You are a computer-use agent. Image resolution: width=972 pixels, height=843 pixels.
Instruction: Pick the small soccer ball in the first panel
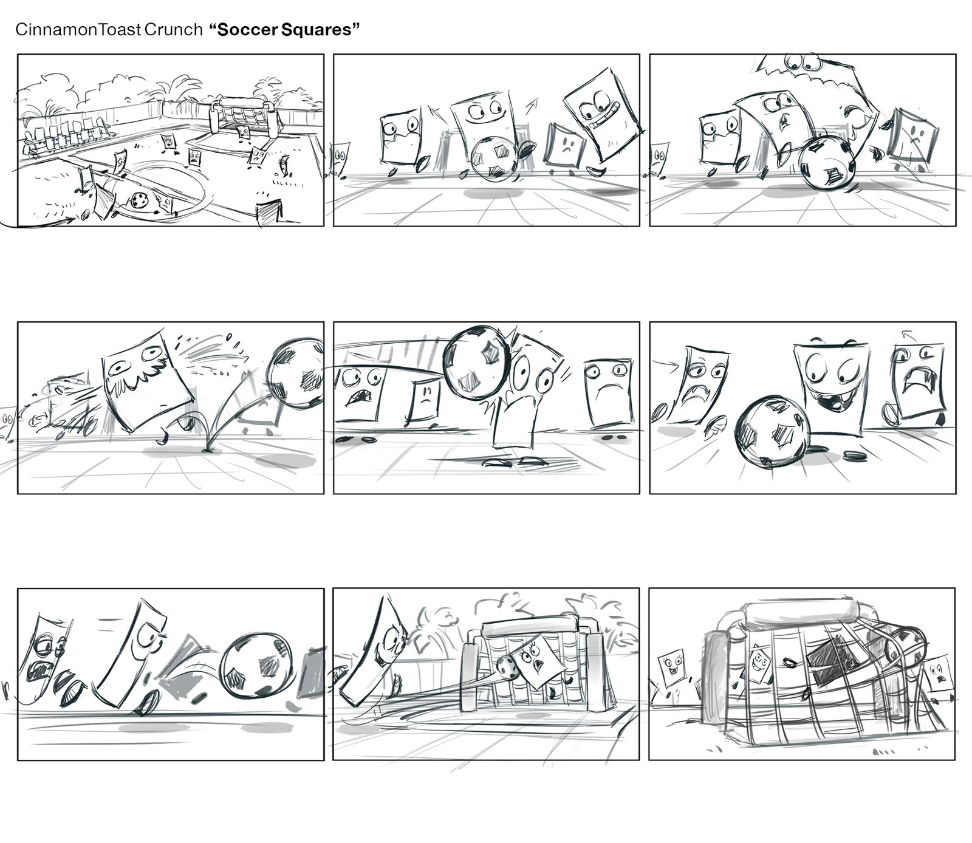[x=139, y=200]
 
